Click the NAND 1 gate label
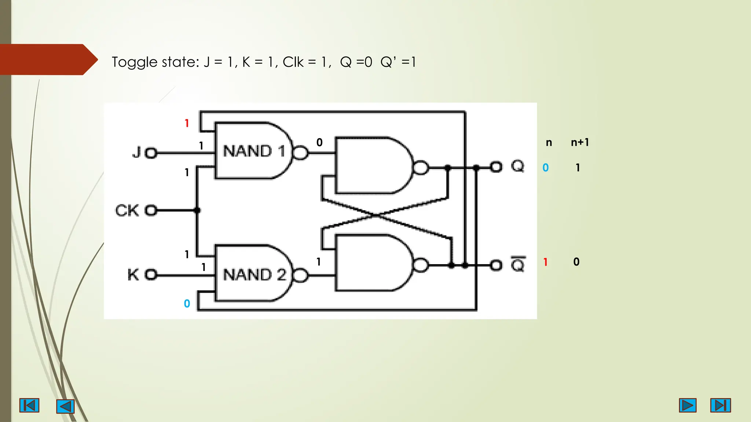coord(254,151)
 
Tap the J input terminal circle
coord(151,153)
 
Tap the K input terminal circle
coord(151,274)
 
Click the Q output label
coord(517,167)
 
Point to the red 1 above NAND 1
coord(187,123)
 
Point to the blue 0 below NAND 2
coord(187,304)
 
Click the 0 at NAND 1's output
coord(319,142)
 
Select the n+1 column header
coord(580,142)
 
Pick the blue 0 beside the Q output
coord(546,168)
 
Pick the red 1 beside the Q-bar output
coord(546,262)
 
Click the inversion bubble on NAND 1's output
coord(301,153)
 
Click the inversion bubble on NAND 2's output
coord(301,275)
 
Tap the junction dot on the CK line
coord(197,210)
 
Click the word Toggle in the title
coord(135,62)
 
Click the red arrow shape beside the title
coord(48,60)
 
